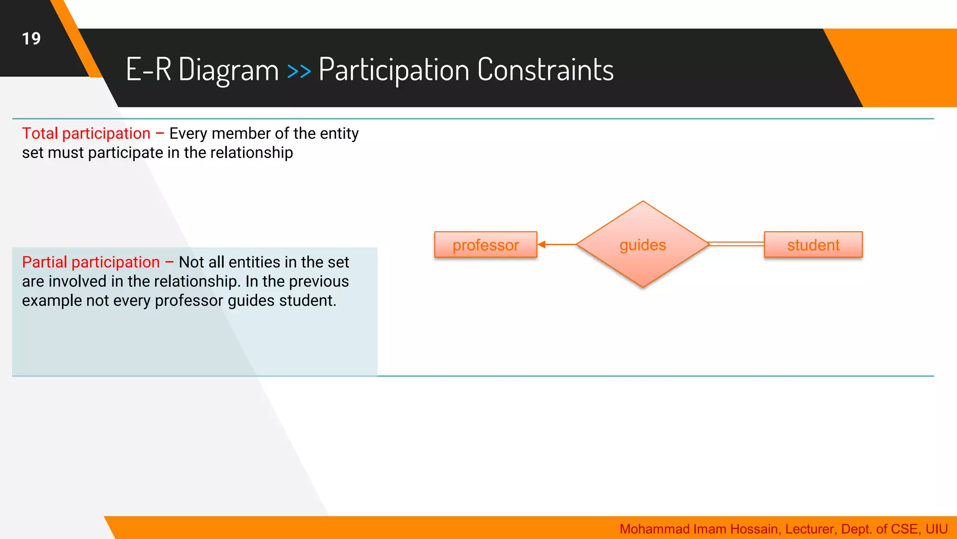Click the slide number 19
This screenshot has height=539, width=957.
click(x=31, y=39)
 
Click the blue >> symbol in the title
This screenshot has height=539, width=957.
click(x=299, y=71)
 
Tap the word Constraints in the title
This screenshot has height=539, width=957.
click(x=545, y=70)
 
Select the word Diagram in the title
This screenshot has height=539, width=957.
click(x=228, y=70)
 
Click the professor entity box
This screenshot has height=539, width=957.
click(x=486, y=245)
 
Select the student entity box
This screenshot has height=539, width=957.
click(x=813, y=245)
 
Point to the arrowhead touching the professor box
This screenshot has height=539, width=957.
click(x=542, y=244)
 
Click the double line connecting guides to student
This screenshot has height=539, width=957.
click(x=736, y=244)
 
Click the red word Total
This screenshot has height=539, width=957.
click(x=40, y=133)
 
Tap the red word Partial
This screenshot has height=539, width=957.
click(x=44, y=262)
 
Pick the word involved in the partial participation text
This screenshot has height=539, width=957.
click(x=78, y=282)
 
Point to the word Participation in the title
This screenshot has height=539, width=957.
click(x=393, y=70)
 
